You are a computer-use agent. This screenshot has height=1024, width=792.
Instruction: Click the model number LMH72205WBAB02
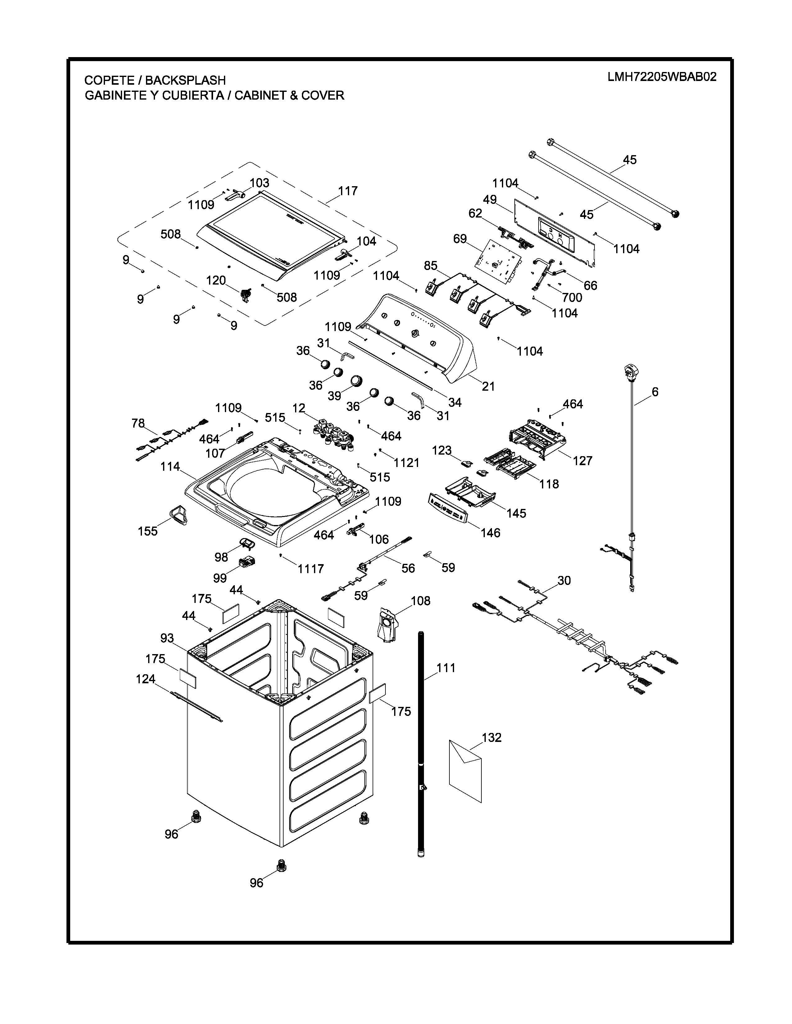(662, 77)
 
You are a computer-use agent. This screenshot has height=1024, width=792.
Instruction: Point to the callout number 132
(491, 738)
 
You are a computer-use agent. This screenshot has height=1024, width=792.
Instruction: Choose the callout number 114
(170, 466)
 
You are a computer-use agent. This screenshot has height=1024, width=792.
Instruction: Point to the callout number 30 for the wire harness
(564, 581)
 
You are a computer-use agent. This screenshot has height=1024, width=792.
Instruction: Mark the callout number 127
(582, 460)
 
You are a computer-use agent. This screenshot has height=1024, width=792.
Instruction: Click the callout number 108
(421, 601)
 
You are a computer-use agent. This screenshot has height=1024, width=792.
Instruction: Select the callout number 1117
(311, 569)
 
